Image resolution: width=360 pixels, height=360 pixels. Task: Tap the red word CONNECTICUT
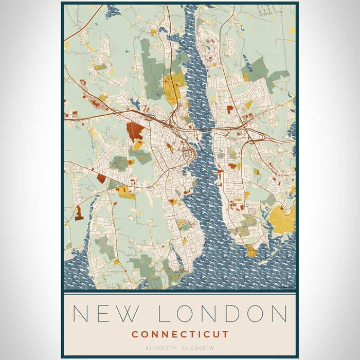click(179, 334)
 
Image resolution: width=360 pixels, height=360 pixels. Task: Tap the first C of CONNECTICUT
click(134, 334)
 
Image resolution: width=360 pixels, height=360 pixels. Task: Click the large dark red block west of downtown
click(135, 131)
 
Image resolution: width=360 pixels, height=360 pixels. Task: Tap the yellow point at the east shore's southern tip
click(251, 251)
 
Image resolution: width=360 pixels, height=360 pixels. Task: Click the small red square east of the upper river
click(230, 109)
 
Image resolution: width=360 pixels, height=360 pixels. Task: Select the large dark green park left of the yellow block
click(152, 77)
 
